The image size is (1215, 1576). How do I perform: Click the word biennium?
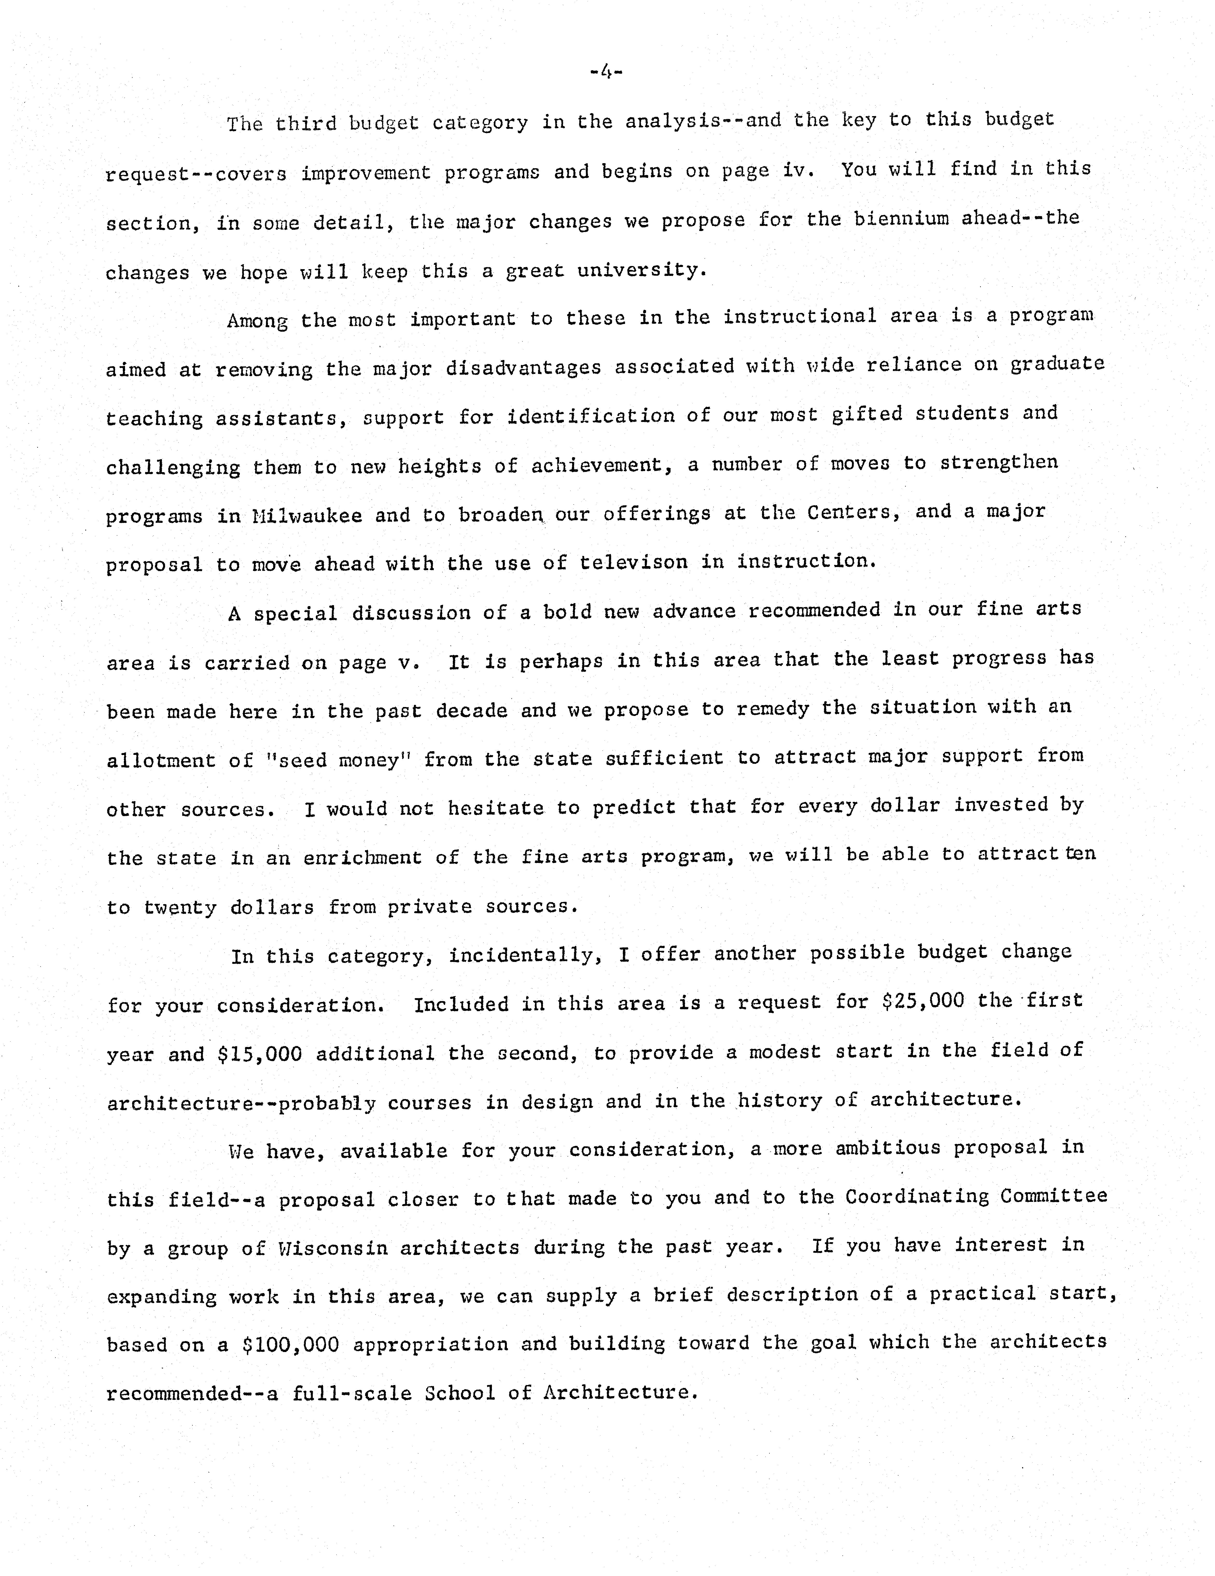(901, 219)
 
